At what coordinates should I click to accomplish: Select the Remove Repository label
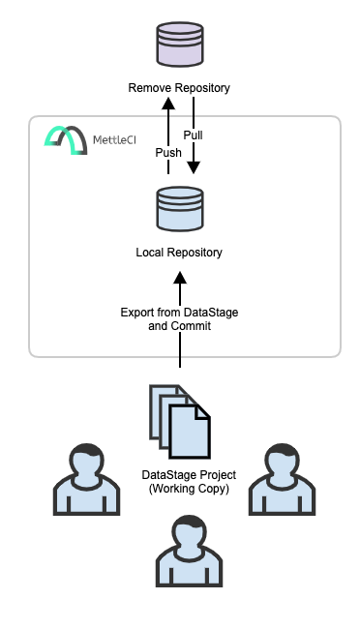pos(179,88)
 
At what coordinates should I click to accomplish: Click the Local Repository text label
pos(179,253)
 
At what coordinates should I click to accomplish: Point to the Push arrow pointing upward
pos(167,135)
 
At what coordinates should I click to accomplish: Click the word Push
pos(168,153)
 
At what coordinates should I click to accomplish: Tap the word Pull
pos(193,135)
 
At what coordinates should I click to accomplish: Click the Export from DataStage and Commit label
pos(179,319)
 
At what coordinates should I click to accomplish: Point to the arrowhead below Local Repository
pos(179,279)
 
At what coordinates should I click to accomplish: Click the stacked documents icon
pos(179,422)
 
